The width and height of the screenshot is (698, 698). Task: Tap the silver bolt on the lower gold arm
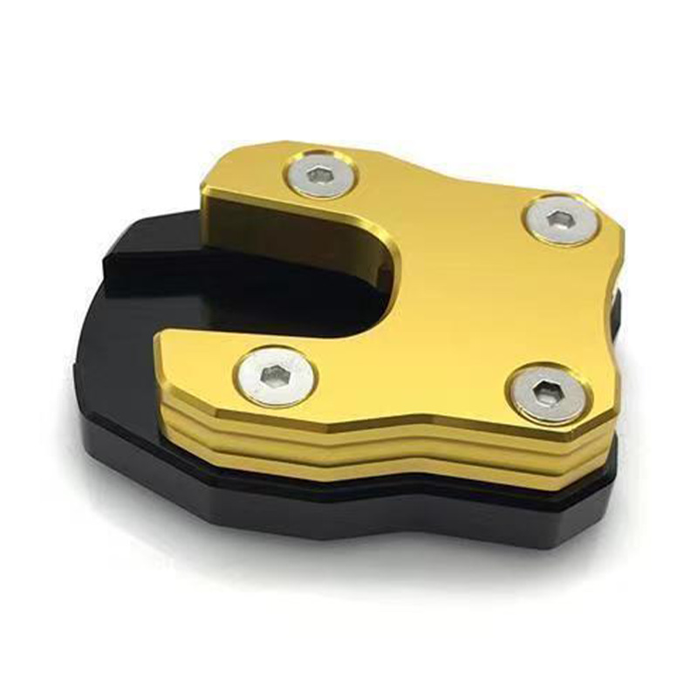coord(276,375)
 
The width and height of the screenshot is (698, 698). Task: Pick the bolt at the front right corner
coord(547,395)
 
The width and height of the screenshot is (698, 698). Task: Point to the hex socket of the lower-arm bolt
coord(276,376)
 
